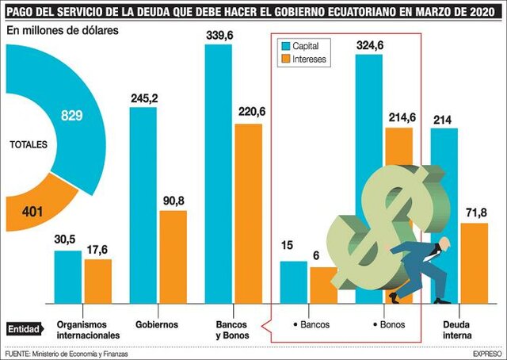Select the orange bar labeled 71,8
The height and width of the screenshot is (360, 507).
point(474,262)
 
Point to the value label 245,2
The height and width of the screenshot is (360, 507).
point(143,98)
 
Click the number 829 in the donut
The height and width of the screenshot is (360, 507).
point(72,115)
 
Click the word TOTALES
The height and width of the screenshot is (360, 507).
point(29,145)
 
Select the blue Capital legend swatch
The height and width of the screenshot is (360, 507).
point(285,46)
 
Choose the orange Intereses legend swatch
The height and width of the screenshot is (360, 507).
point(285,59)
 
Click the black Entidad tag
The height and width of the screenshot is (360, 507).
point(24,328)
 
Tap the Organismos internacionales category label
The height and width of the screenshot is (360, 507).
point(88,330)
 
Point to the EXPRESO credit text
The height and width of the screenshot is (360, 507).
point(484,354)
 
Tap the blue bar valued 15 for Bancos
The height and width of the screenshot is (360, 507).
point(294,281)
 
